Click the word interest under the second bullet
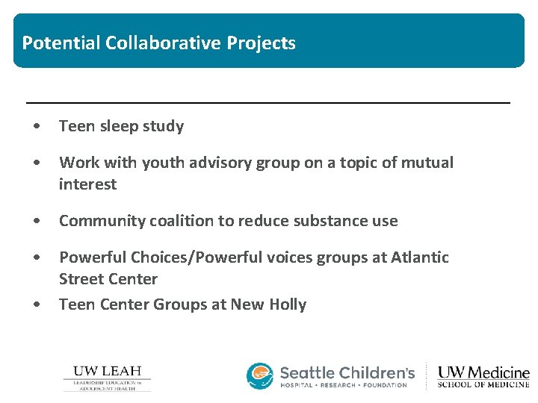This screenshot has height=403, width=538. coord(87,184)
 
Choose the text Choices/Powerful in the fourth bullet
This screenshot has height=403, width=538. coord(188,257)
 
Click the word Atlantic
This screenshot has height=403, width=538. coord(420,257)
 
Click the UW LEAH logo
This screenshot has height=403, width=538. coord(107,378)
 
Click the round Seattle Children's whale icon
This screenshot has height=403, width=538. coord(260,376)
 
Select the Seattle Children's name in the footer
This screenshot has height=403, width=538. coord(347,372)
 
